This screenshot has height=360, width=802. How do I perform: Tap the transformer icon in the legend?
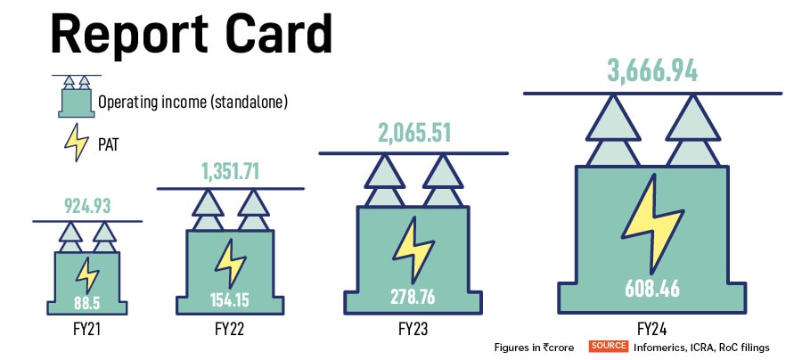pos(76,95)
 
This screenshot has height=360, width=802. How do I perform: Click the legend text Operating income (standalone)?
pos(192,102)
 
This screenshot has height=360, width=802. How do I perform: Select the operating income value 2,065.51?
pos(413,134)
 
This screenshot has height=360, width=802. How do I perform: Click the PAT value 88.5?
pos(87,304)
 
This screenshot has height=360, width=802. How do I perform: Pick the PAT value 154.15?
pos(231,299)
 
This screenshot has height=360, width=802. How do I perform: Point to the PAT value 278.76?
pos(413,295)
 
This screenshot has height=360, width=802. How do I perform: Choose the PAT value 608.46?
pos(651,288)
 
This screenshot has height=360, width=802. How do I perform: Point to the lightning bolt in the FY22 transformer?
pos(230,262)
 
